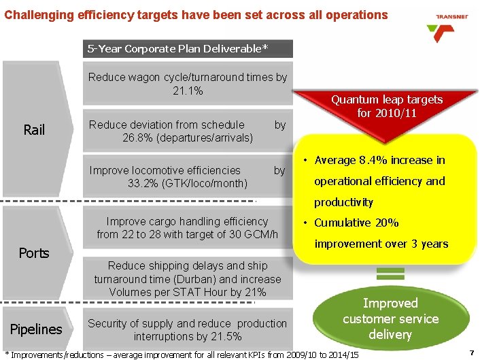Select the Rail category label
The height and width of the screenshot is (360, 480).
[34, 129]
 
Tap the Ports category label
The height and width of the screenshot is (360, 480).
[34, 253]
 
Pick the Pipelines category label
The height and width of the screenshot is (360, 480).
[36, 329]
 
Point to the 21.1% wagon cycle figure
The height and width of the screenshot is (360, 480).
[188, 91]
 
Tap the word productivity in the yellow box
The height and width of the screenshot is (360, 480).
[343, 202]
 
